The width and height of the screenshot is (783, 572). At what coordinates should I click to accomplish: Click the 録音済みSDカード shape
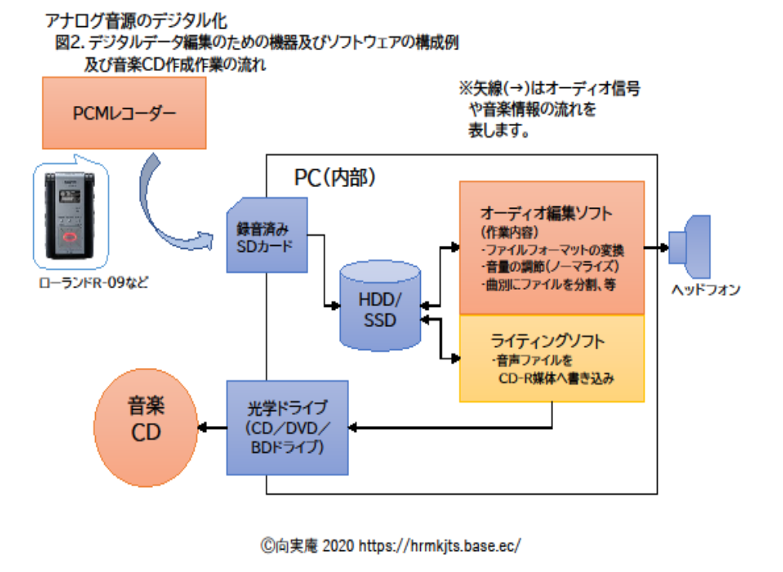[266, 237]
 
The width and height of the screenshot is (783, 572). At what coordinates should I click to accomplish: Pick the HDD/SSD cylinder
[380, 302]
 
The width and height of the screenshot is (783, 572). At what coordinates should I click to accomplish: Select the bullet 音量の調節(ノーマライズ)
[551, 267]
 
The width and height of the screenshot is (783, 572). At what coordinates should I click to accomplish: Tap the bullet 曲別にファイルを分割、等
[551, 284]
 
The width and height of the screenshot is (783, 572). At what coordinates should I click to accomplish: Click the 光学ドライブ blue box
[287, 427]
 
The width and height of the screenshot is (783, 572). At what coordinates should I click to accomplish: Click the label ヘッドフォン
[706, 290]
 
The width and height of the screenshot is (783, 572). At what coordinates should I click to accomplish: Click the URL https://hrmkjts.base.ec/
[440, 546]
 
